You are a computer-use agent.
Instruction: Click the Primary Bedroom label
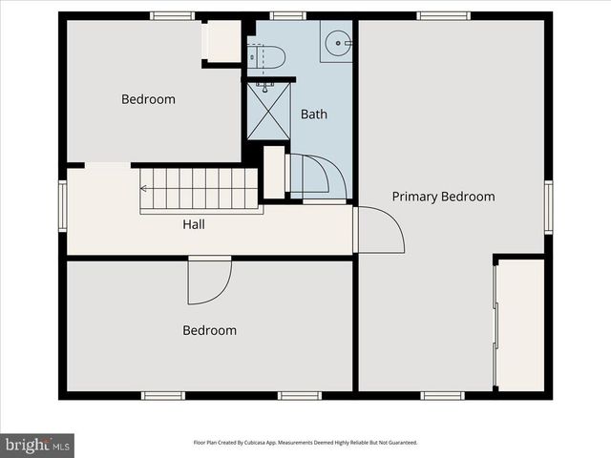click(x=443, y=197)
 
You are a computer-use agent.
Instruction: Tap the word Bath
click(x=314, y=114)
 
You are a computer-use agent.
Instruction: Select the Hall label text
click(x=194, y=225)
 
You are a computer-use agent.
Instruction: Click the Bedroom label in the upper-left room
click(x=148, y=99)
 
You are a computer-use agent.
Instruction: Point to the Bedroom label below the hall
click(x=209, y=330)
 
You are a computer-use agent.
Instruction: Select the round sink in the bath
click(x=337, y=43)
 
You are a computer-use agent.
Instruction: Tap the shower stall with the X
click(x=267, y=111)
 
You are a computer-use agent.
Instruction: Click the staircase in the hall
click(x=200, y=189)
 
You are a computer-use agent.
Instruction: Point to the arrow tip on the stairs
click(x=143, y=189)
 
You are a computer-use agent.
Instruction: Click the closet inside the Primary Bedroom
click(x=520, y=324)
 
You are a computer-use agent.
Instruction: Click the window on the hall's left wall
click(x=63, y=206)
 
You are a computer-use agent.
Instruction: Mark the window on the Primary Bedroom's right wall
click(x=548, y=206)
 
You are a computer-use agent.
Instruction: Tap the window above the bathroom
click(x=287, y=15)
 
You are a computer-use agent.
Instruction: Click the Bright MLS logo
click(x=38, y=445)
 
